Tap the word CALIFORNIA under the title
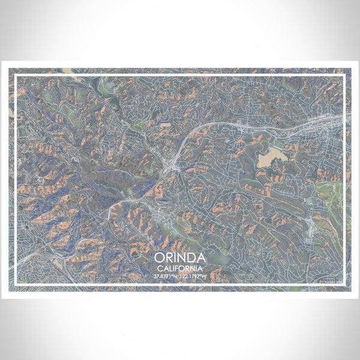coord(179,268)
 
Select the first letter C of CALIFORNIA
coord(157,268)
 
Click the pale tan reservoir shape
coord(267,159)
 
